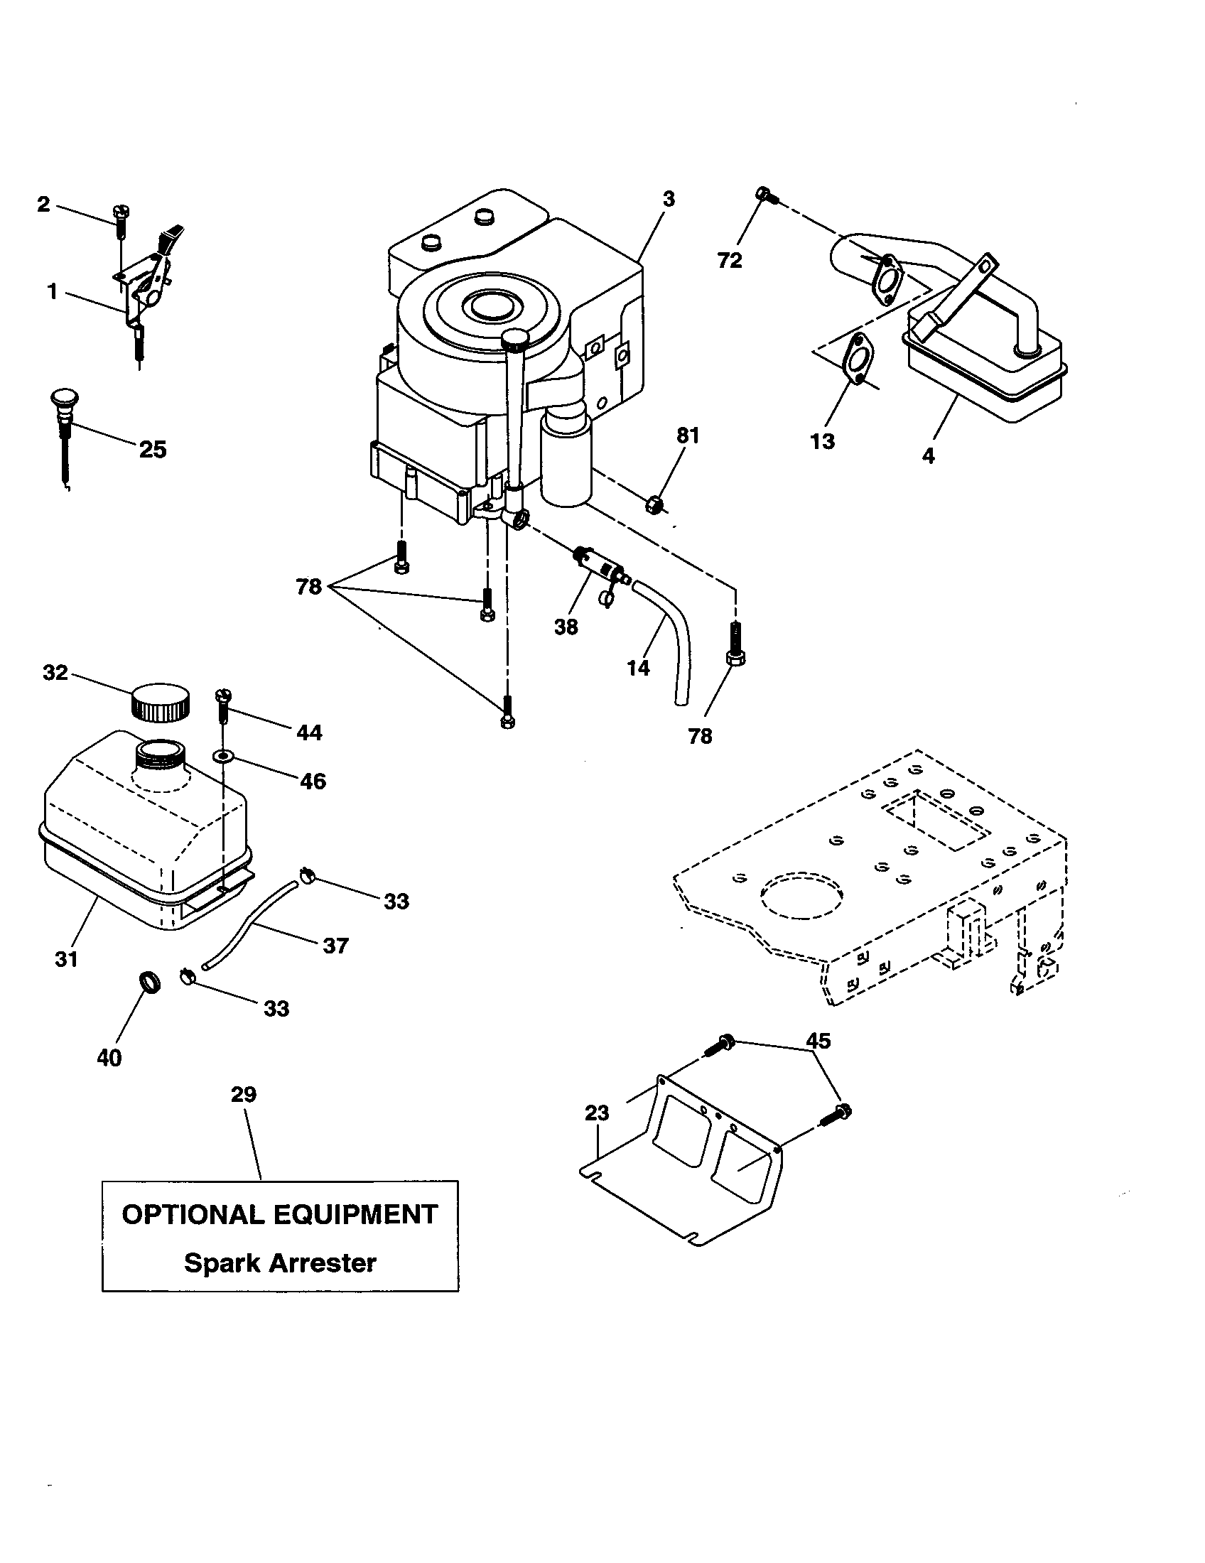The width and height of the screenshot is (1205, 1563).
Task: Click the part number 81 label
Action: (x=688, y=436)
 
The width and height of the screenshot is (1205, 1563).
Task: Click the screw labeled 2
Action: (x=120, y=217)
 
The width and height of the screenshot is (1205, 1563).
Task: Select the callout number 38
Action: (x=566, y=627)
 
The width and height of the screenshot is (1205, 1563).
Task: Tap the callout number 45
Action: (x=818, y=1041)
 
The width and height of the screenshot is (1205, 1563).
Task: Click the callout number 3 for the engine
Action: (x=669, y=200)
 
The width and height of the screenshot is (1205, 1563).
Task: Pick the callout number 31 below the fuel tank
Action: (x=66, y=959)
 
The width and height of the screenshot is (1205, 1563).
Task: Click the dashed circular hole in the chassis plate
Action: (x=802, y=894)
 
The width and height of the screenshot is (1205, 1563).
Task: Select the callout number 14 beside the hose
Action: (x=638, y=668)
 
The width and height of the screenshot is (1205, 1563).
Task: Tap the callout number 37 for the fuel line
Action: (x=335, y=946)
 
